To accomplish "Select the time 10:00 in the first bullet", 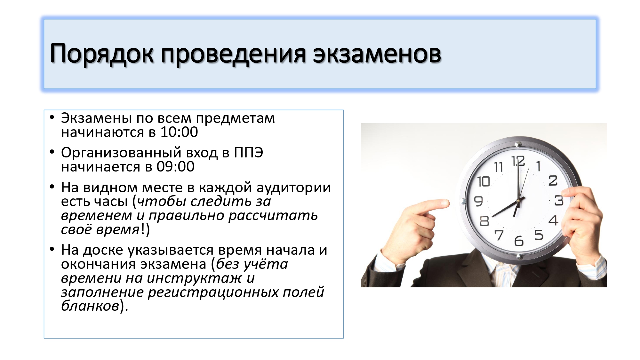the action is (179, 132).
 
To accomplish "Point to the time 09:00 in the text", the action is (175, 166).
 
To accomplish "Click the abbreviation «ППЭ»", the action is (249, 153).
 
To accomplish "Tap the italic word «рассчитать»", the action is (273, 216).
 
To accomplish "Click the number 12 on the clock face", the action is (518, 161).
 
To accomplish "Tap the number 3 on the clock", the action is (559, 201).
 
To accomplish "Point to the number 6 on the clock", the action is (519, 241).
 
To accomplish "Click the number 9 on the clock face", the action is (478, 201).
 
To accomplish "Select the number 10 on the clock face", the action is (484, 181).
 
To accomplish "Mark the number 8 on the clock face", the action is (484, 221).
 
